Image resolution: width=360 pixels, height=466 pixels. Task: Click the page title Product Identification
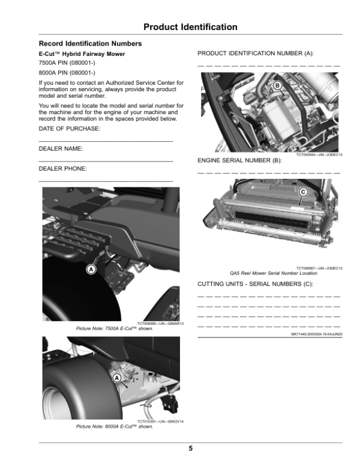[190, 27]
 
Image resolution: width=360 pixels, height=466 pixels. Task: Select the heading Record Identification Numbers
[90, 44]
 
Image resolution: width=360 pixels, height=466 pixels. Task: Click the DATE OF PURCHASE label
[70, 129]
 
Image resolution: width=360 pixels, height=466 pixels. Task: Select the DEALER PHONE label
[63, 169]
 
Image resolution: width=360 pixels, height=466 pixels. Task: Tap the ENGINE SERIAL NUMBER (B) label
[239, 161]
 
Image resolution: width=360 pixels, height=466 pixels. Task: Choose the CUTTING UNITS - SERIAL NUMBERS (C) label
[256, 283]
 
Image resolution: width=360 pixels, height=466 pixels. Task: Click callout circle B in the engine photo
[277, 86]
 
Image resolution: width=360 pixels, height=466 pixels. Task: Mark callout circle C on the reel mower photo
[302, 192]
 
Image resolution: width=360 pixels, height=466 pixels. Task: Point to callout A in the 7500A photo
[91, 270]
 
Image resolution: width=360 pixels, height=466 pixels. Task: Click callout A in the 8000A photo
[117, 377]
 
